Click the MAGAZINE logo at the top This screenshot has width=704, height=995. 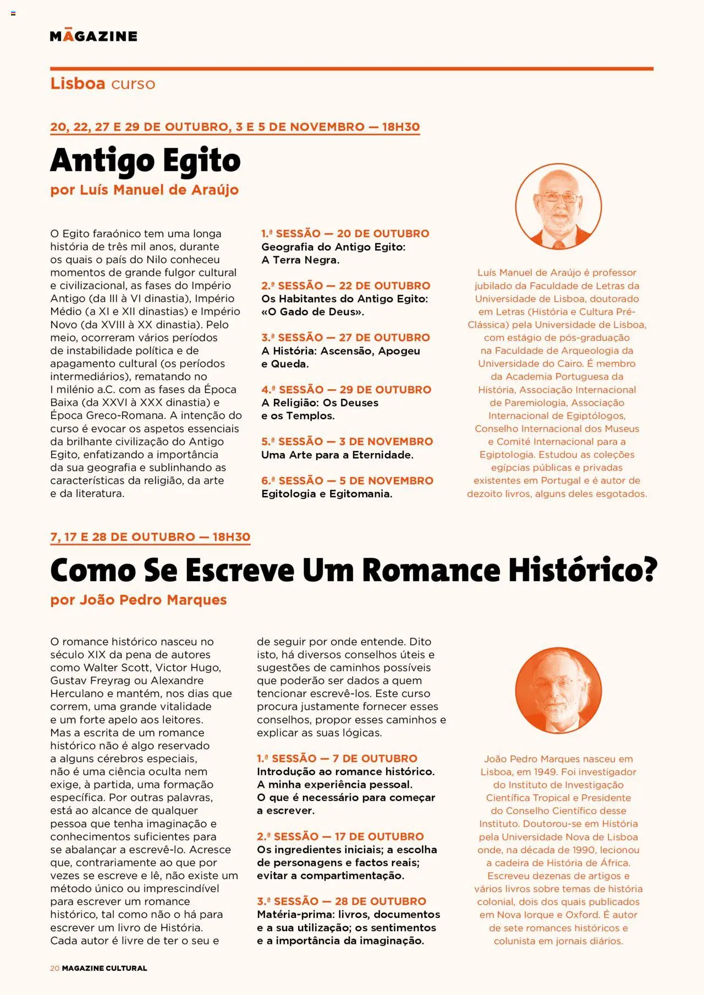point(94,36)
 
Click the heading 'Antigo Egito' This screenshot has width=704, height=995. point(145,161)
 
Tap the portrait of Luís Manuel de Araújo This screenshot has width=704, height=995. point(558,207)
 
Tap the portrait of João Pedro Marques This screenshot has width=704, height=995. point(558,690)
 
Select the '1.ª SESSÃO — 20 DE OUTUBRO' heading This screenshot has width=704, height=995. point(345,234)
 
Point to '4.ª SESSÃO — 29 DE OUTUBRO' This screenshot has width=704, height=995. point(346,390)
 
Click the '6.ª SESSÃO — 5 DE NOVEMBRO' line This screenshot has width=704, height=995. point(347,480)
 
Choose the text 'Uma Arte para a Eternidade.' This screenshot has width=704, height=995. point(337,455)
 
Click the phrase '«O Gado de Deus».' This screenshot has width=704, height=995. point(312,312)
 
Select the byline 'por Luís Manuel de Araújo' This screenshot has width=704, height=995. point(144,190)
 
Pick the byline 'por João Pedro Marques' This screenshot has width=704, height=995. point(138,600)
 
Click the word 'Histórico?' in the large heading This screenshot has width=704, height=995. point(582,570)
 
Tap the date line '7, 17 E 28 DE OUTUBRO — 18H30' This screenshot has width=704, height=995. point(150,537)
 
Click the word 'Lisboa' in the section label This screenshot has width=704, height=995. point(78,84)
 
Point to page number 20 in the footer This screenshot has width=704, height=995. point(54,968)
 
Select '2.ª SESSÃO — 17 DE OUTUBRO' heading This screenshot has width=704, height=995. point(340,837)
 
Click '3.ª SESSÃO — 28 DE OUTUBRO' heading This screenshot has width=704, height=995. point(341,902)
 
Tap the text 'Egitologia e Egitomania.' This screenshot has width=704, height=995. point(327,494)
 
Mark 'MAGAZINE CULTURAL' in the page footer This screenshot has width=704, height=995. point(105,968)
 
